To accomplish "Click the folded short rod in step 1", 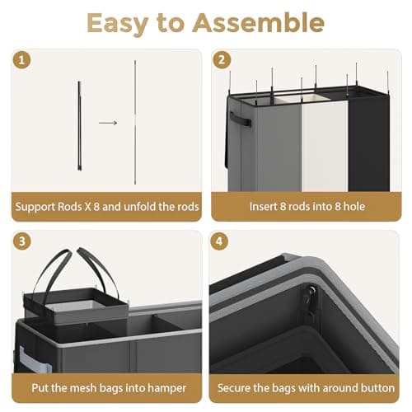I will pos(80,124).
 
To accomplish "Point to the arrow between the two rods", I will pos(108,124).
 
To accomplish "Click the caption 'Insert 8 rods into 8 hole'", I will pos(307,206).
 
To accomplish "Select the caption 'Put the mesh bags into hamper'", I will pos(107,387).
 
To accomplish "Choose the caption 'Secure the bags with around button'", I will pos(307,387).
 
